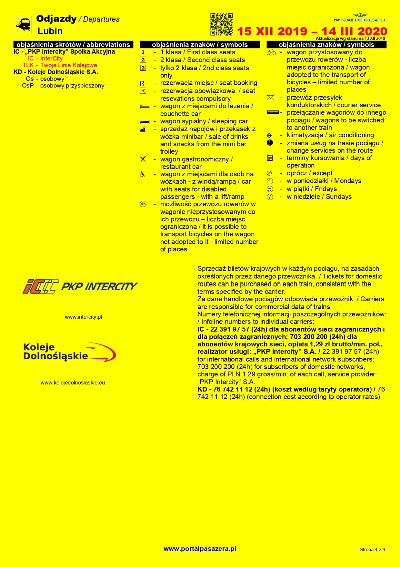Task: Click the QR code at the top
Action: [x=221, y=24]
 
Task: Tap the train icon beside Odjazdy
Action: [x=23, y=24]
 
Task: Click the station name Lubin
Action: [x=50, y=31]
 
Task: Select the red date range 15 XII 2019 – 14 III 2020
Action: [x=312, y=32]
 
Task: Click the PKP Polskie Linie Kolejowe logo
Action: [x=360, y=18]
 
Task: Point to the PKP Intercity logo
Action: [x=80, y=286]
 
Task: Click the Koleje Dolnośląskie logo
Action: [x=70, y=352]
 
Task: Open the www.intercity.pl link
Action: [x=83, y=317]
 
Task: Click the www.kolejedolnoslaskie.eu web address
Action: [x=73, y=383]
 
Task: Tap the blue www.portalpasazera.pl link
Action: [x=200, y=548]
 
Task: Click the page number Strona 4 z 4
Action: [x=372, y=549]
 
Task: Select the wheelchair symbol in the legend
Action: [x=143, y=174]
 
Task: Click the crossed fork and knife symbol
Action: [x=143, y=159]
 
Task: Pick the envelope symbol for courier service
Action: [x=270, y=98]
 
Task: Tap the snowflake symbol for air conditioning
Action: [x=269, y=135]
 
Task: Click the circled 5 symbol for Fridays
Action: [x=270, y=189]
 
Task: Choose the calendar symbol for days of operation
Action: [x=270, y=158]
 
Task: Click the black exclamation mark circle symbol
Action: [x=270, y=143]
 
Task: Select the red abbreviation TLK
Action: [x=28, y=65]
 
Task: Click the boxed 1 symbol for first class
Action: [x=143, y=52]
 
